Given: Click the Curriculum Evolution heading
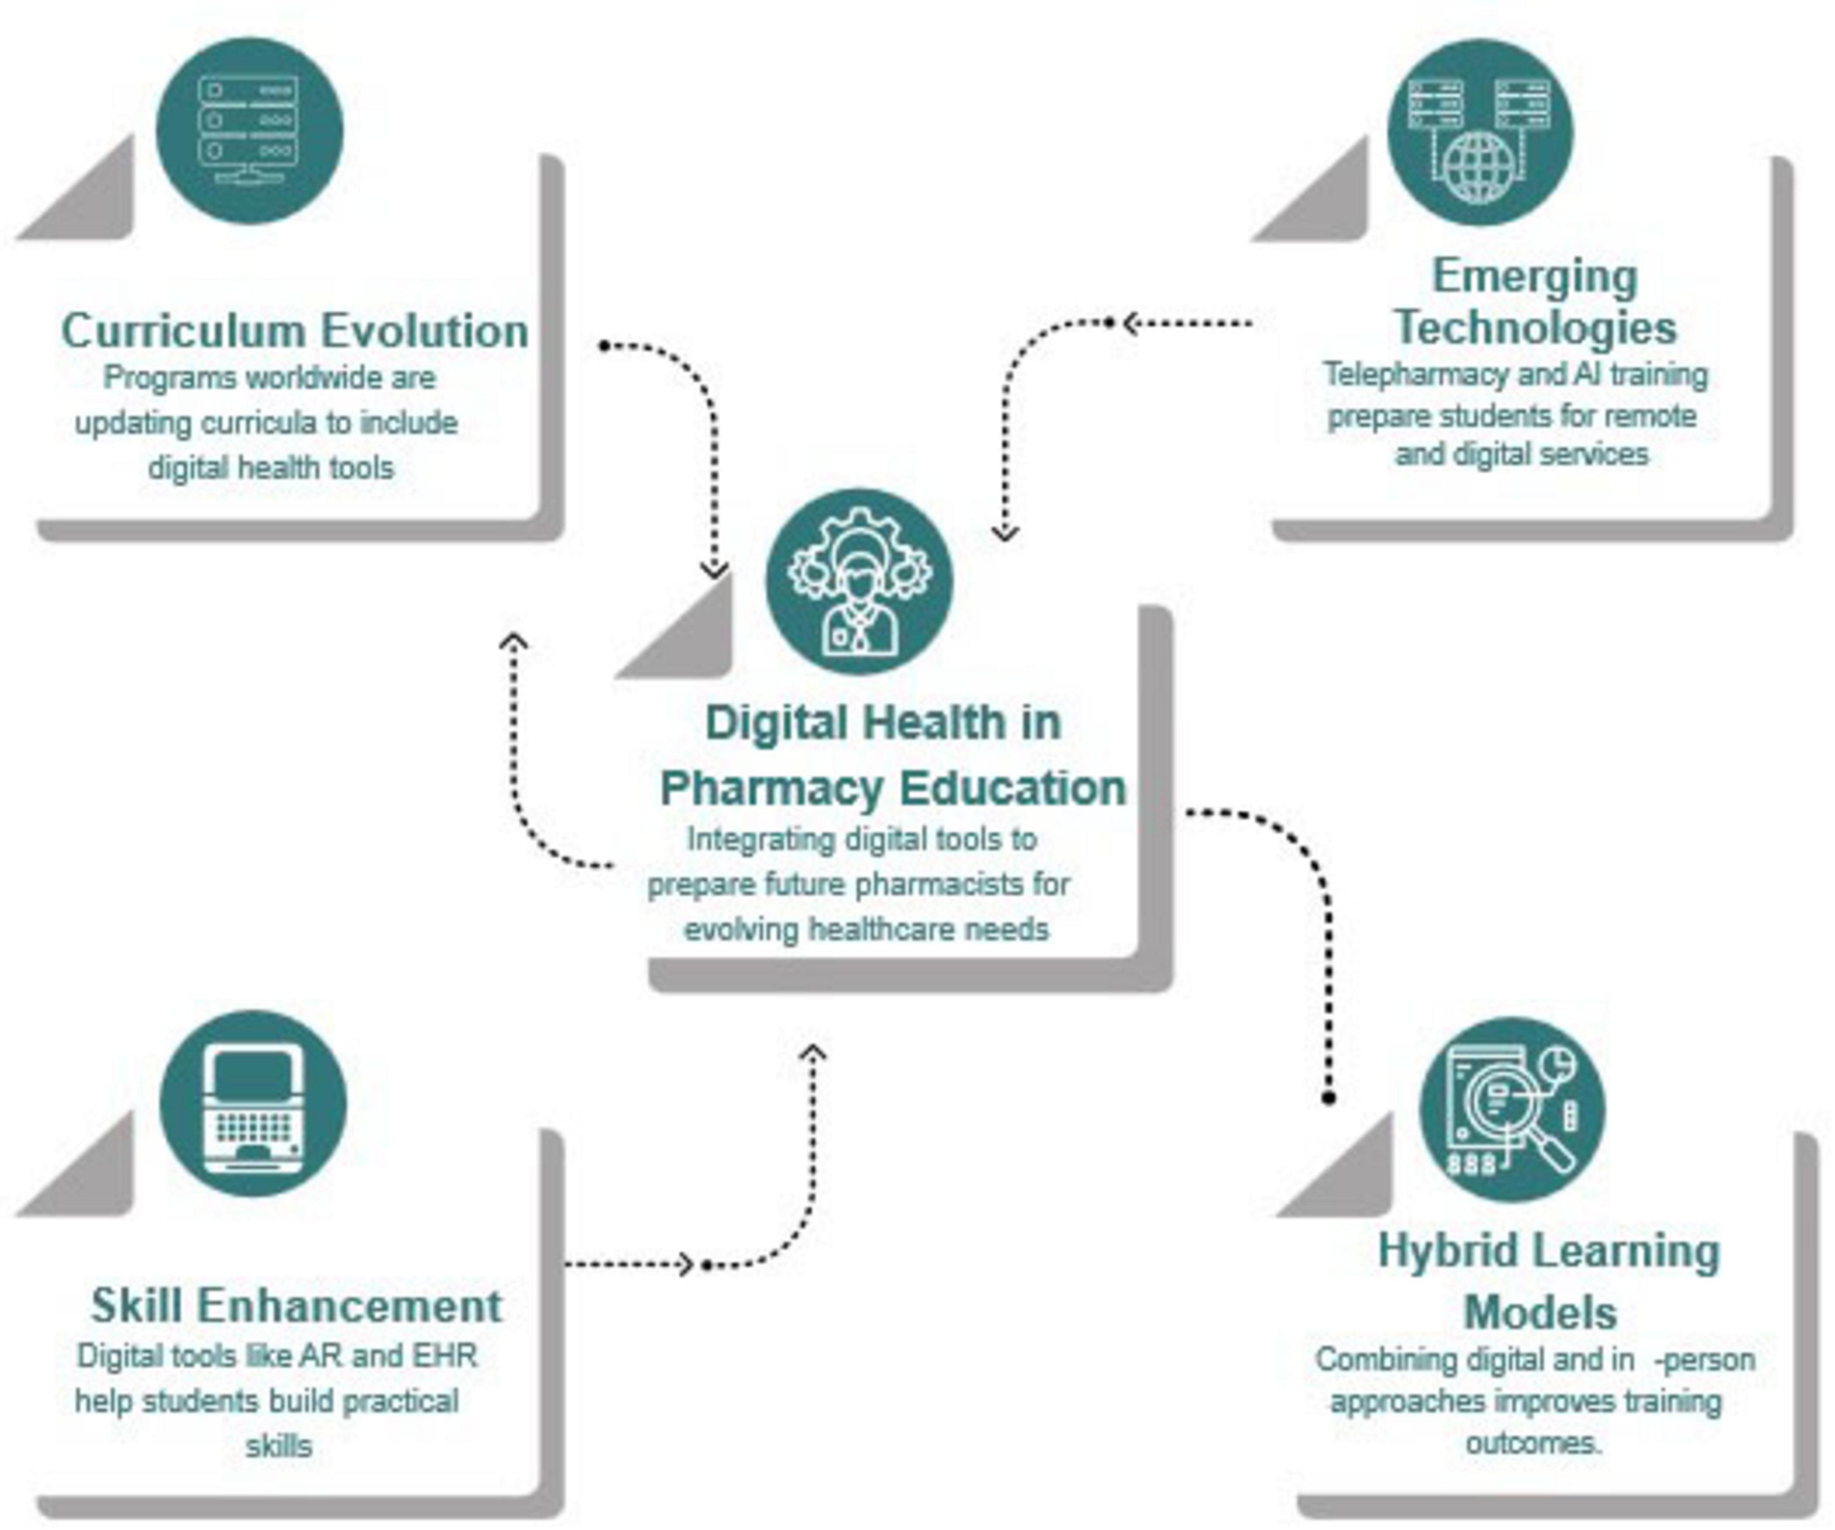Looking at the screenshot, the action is pos(294,331).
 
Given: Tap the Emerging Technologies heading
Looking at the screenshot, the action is pos(1535,302).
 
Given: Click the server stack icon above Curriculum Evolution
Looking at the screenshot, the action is pos(249,131).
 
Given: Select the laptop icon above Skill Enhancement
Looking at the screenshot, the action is pos(253,1104).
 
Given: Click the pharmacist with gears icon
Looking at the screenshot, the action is pos(859,581).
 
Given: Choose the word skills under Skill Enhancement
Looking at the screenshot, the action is pos(279,1446).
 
